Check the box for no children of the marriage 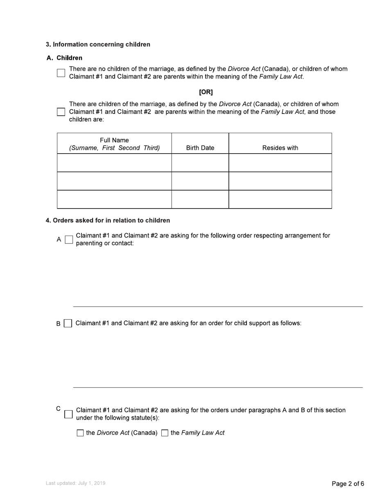(x=61, y=73)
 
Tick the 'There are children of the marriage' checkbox (x=61, y=112)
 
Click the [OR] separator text (x=206, y=92)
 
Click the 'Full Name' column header (x=114, y=140)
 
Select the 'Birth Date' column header (x=200, y=148)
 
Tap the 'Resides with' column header (x=280, y=148)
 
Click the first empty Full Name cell (x=114, y=163)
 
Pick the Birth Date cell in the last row (x=200, y=200)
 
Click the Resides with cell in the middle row (x=280, y=181)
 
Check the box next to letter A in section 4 (x=69, y=240)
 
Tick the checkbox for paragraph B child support (x=68, y=324)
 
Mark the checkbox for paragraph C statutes (x=68, y=414)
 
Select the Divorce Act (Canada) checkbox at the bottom (x=80, y=433)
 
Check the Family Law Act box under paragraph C (x=165, y=433)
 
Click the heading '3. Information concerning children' (x=98, y=44)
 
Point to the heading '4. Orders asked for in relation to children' (x=108, y=220)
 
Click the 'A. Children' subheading (x=65, y=58)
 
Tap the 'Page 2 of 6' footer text (x=348, y=484)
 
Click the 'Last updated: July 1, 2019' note (x=75, y=484)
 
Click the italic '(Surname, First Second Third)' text (x=114, y=148)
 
